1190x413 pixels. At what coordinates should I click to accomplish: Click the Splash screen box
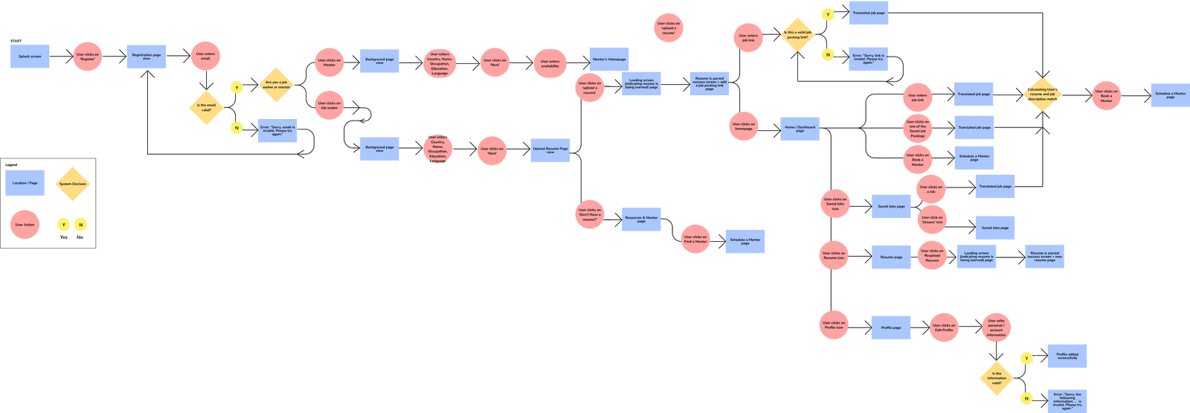30,57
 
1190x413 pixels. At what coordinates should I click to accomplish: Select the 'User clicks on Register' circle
87,57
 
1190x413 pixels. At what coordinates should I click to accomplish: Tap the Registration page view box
146,57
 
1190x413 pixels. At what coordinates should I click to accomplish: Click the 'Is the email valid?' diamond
206,107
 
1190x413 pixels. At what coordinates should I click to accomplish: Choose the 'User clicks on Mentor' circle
329,63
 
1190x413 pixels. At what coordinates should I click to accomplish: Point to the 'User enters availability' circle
550,63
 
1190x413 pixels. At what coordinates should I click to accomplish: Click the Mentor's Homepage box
609,60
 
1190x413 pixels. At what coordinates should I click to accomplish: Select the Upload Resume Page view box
550,150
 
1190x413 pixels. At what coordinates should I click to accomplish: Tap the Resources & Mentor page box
641,220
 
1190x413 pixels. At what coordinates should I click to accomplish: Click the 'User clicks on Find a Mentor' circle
695,239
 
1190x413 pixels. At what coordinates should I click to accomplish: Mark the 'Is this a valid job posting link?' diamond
797,35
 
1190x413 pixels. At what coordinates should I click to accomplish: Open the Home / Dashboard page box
800,128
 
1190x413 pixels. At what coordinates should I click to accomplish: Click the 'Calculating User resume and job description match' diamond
1041,95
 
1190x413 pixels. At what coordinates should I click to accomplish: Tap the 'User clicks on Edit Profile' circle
944,327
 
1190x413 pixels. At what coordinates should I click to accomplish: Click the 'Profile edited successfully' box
1067,356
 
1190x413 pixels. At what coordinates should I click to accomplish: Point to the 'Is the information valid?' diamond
997,377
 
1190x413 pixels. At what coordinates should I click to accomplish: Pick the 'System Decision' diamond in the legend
73,184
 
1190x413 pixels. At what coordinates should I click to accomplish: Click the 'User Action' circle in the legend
25,224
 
